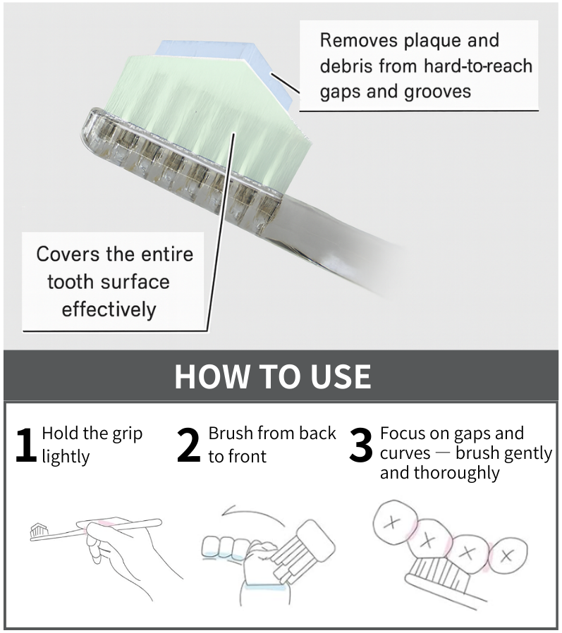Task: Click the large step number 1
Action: (25, 445)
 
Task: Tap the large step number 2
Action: (188, 445)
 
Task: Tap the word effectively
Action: (109, 309)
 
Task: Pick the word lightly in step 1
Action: (66, 456)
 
